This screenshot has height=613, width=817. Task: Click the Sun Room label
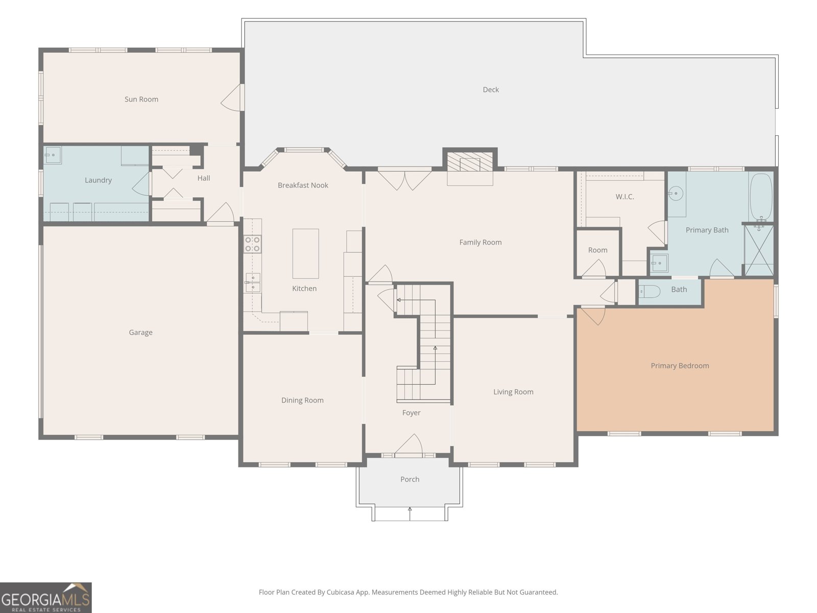pos(141,100)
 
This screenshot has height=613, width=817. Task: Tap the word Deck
pos(491,90)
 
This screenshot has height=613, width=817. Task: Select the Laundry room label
pos(98,180)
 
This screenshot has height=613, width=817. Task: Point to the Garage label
pos(141,333)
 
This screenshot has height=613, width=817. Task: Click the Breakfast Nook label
pos(303,185)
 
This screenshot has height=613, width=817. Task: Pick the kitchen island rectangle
pos(305,253)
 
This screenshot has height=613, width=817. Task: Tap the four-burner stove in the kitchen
pos(252,244)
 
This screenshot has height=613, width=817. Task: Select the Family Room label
pos(480,242)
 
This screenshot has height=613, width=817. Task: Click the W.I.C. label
pos(625,197)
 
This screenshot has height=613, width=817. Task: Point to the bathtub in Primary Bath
pos(761,198)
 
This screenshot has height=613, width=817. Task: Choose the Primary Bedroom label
pos(680,366)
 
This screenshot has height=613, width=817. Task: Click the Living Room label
pos(513,392)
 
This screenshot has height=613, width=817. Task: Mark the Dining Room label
pos(302,400)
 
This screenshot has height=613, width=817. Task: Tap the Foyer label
pos(411,413)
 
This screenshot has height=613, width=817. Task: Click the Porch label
pos(410,479)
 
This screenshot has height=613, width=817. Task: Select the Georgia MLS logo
pos(46,598)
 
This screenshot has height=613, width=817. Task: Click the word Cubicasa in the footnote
pos(341,592)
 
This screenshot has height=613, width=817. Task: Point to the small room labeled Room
pos(598,253)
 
